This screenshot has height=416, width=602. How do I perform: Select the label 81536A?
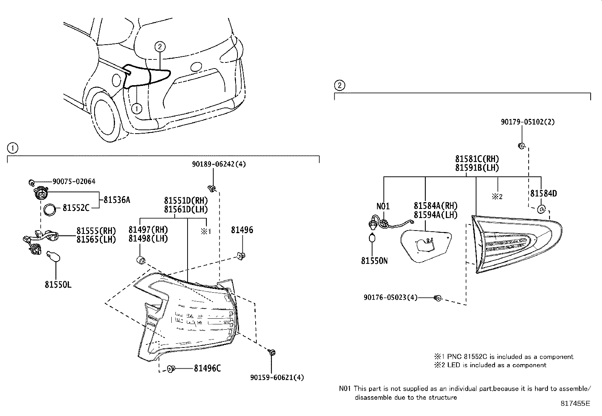(116, 200)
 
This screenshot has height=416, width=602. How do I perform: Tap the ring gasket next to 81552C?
(50, 209)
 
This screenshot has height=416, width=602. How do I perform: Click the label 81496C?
(207, 368)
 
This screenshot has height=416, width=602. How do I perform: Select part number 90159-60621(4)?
(277, 377)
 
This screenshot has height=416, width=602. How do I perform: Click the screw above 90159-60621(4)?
(272, 353)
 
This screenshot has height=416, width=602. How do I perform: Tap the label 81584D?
(543, 193)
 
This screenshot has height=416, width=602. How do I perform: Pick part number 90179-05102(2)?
(528, 122)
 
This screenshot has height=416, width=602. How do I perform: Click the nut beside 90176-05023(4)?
(438, 298)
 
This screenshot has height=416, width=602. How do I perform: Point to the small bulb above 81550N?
(373, 238)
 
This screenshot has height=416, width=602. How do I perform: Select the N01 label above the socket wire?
(383, 206)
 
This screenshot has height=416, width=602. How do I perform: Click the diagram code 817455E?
(575, 404)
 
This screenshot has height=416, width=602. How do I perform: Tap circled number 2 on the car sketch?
(160, 47)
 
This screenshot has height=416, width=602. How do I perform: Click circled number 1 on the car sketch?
(137, 109)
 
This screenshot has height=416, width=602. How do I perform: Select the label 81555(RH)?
(96, 231)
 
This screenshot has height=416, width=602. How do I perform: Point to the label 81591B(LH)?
(477, 168)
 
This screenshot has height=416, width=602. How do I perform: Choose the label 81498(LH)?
(148, 238)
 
